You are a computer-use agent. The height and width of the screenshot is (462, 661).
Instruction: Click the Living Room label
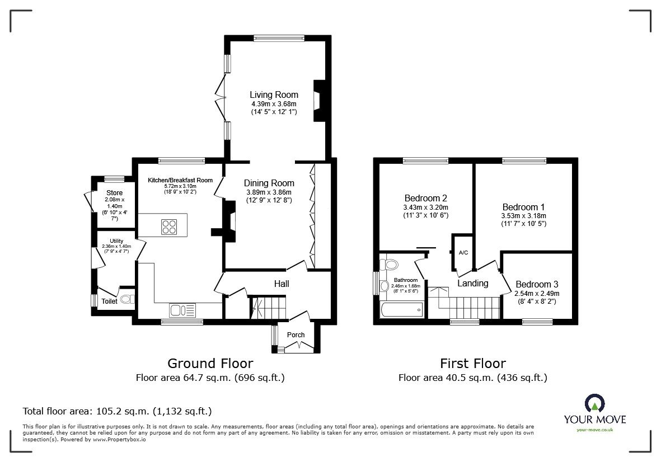tap(274, 95)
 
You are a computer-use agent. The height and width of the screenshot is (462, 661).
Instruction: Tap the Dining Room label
tap(269, 183)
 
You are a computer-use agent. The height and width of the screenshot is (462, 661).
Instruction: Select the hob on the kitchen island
tap(170, 227)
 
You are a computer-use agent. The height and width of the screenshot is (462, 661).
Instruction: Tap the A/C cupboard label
tap(463, 253)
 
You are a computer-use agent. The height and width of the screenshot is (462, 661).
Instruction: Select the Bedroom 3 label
tap(537, 284)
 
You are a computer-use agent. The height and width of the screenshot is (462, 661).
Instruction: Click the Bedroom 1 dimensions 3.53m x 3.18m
tap(523, 216)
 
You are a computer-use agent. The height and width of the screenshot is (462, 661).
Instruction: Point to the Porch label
tap(296, 335)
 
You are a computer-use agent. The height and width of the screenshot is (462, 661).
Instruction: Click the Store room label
tap(114, 193)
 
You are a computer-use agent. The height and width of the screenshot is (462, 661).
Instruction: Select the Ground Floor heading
tap(210, 364)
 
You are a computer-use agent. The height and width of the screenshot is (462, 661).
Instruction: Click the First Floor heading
tap(472, 364)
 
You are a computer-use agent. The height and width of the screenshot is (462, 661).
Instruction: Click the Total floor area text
tap(117, 411)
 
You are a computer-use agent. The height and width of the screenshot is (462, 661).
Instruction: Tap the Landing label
tap(473, 283)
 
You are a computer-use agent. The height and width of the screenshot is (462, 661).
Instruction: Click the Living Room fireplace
tap(320, 101)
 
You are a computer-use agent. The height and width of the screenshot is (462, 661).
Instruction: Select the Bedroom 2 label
tap(425, 198)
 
